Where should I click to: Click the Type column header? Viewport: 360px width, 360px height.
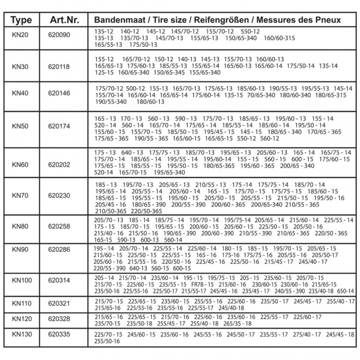point(21,20)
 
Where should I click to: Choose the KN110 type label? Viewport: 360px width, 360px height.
point(22,303)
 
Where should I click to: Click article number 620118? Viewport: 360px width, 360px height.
point(59,66)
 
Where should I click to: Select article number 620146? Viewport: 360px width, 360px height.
point(59,95)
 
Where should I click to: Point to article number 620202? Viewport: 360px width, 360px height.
point(59,165)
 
